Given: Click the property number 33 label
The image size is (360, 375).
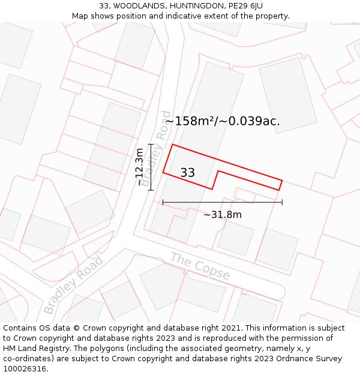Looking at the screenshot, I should coord(187,173).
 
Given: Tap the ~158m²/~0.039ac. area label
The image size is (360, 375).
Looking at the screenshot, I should coord(223,121).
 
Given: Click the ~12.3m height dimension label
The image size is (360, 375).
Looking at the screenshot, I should coord(140,167).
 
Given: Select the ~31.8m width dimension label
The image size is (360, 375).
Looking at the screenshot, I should coord(222,215).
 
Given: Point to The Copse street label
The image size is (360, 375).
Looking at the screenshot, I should coord(200,266).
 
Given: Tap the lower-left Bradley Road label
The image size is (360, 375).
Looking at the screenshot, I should coord(73,284).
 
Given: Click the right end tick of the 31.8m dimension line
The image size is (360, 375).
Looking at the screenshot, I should coord(282,202).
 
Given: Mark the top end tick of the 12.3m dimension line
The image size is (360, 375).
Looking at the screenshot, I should coord(151,145).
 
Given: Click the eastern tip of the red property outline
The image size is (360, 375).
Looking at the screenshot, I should coord(282,179).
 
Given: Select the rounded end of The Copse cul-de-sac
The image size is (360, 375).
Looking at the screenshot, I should coord(279,292).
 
